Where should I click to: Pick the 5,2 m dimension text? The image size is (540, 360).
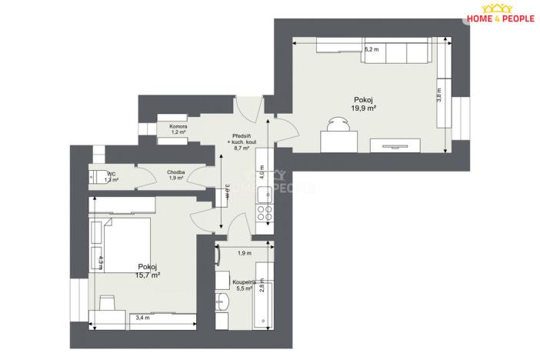click(x=372, y=49)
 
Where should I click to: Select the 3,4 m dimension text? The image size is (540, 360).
click(x=142, y=317)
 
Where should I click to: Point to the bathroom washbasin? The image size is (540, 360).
click(x=222, y=302)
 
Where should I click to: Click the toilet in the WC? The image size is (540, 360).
click(x=98, y=175)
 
